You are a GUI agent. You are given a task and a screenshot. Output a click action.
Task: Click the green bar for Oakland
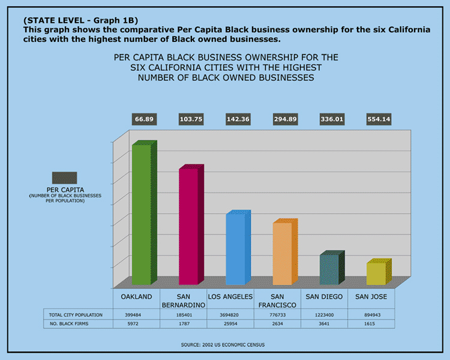[x=141, y=215]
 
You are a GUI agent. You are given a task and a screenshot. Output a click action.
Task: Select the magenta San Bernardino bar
[x=188, y=226]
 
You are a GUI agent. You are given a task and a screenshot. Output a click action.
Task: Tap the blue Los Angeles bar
[x=235, y=248]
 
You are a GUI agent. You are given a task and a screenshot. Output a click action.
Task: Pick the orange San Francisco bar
[x=281, y=253]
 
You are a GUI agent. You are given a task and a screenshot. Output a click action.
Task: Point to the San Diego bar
[x=328, y=269]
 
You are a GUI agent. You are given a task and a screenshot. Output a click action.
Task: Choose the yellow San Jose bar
[x=376, y=274]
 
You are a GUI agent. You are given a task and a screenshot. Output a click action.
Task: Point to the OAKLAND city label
[x=136, y=297]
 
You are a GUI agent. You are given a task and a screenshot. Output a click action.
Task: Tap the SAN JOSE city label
[x=371, y=297]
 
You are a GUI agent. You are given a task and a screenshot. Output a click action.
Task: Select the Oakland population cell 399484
[x=136, y=314]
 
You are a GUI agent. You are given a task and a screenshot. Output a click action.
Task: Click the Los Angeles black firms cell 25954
[x=230, y=324]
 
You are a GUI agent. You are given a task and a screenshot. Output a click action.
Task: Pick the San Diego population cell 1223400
[x=324, y=314]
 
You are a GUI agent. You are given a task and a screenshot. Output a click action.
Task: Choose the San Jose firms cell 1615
[x=371, y=324]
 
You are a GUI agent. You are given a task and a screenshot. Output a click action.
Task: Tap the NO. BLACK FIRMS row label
[x=72, y=324]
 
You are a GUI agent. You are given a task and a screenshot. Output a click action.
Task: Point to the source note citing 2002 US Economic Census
[x=223, y=344]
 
